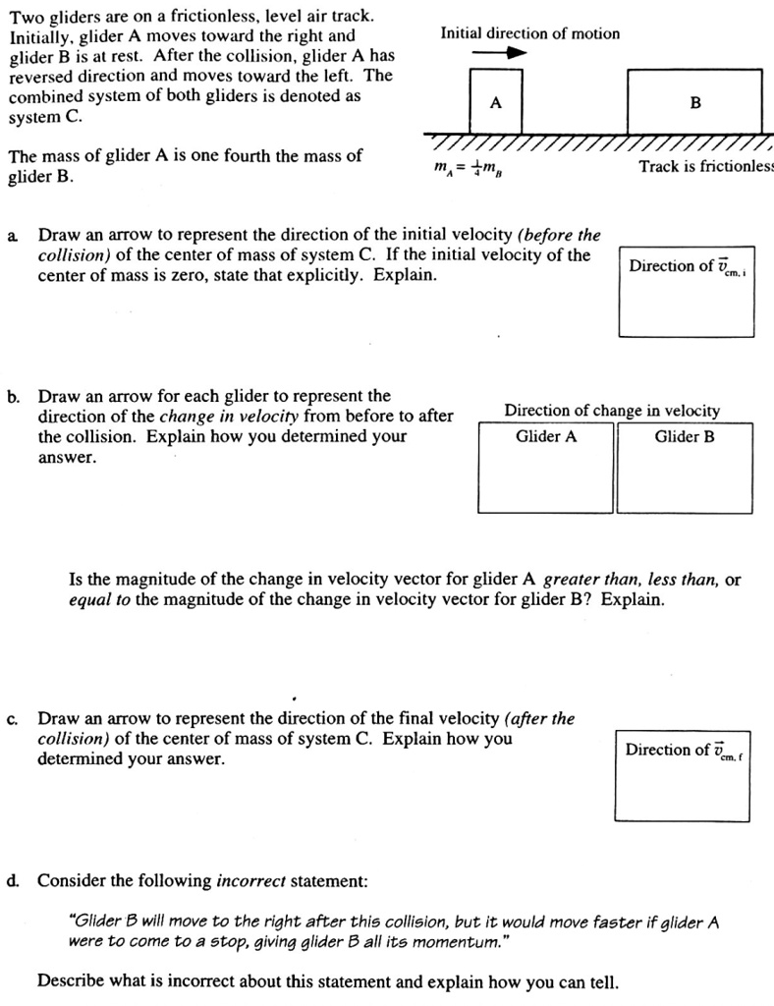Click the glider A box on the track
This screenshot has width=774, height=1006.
pyautogui.click(x=496, y=101)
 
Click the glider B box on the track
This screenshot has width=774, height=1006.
pyautogui.click(x=694, y=101)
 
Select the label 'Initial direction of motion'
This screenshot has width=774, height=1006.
pyautogui.click(x=530, y=33)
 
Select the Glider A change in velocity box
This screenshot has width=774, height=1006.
pyautogui.click(x=546, y=468)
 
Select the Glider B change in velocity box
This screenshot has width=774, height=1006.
pyautogui.click(x=685, y=468)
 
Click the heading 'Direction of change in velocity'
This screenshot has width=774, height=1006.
pyautogui.click(x=612, y=411)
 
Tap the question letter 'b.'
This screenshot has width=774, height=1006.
pyautogui.click(x=14, y=397)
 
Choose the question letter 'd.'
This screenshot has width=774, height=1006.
pyautogui.click(x=14, y=880)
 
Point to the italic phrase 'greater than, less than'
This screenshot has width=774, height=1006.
pyautogui.click(x=633, y=580)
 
